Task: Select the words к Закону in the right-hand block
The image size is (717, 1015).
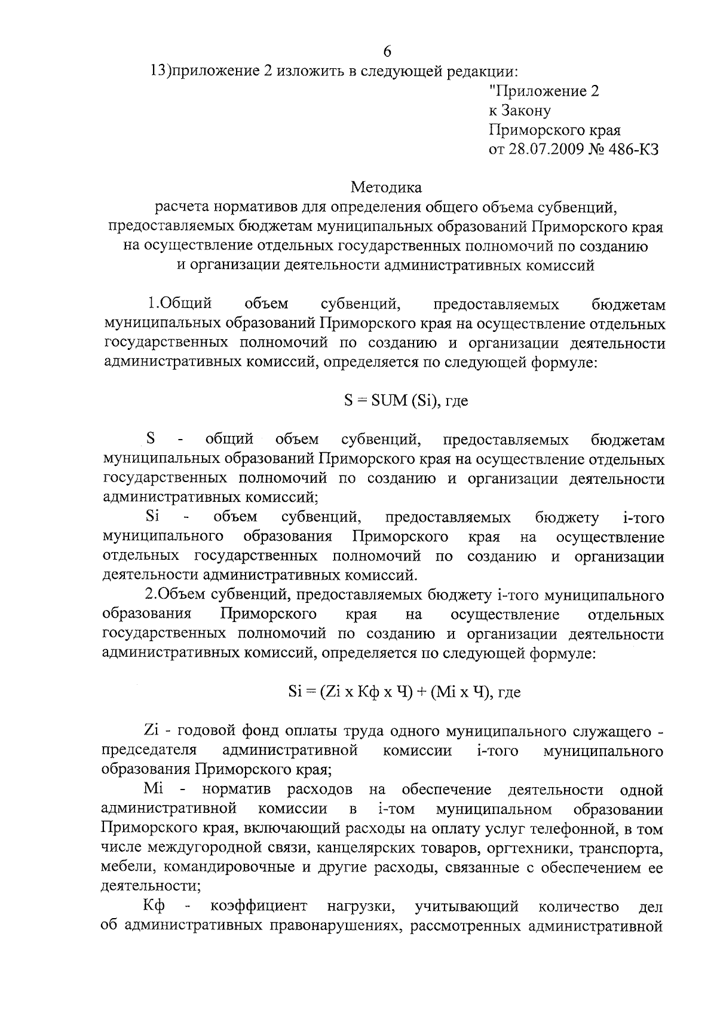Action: pyautogui.click(x=519, y=111)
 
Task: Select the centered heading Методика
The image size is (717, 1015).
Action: pyautogui.click(x=386, y=188)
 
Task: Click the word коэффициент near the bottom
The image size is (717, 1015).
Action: pyautogui.click(x=259, y=907)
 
